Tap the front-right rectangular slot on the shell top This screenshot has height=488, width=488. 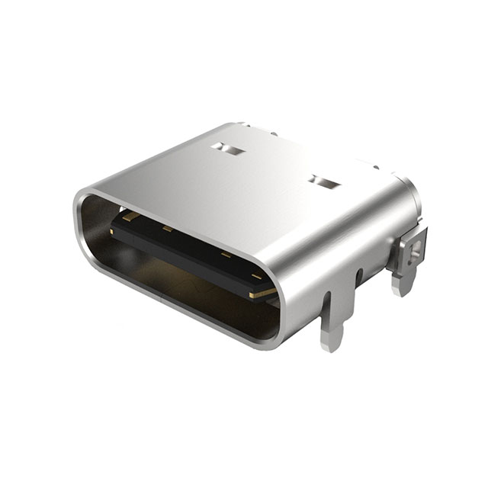326,183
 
